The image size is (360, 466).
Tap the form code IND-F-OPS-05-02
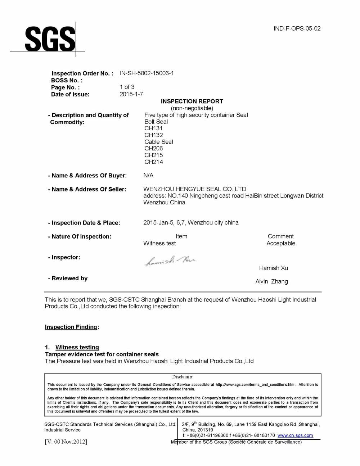coord(297,29)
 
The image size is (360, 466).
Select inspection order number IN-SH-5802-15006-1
coord(147,73)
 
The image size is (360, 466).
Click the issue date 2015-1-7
coord(131,94)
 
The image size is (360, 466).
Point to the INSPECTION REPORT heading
coord(192,101)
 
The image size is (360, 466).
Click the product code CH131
coord(153,128)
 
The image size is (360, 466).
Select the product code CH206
coord(153,149)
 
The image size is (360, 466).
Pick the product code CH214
coord(153,162)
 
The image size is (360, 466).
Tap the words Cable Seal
coord(158,142)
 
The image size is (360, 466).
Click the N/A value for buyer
coord(148,176)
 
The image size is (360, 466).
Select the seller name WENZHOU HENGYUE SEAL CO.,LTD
coord(194,189)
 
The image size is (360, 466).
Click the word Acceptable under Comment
coord(280,244)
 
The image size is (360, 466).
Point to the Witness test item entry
coord(159,244)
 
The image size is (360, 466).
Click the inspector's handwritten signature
coord(170,261)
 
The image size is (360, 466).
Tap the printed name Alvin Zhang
coord(271,282)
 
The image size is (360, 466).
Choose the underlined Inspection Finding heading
coord(71,327)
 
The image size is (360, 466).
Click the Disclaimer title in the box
coord(182,377)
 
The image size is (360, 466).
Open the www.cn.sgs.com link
coord(295,436)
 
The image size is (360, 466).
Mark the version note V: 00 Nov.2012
coord(66,442)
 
